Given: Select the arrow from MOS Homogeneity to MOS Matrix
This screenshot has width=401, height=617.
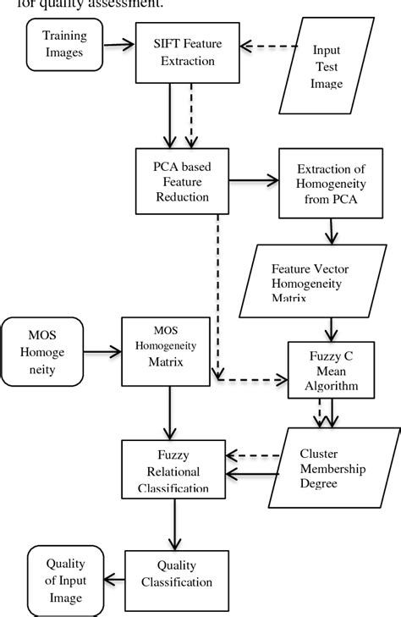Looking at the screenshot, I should (x=102, y=348).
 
